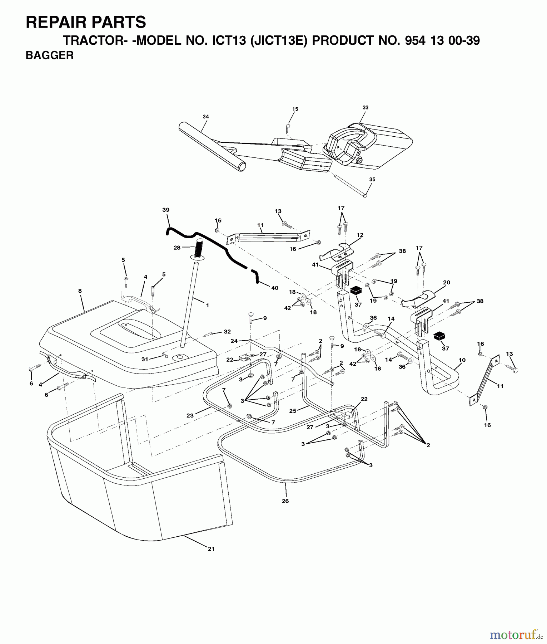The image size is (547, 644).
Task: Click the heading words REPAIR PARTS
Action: click(86, 22)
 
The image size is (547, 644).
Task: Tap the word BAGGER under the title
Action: click(50, 55)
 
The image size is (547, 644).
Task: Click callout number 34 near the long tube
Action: click(205, 117)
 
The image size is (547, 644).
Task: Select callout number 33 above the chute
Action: click(365, 107)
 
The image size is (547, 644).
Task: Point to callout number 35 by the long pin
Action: click(372, 180)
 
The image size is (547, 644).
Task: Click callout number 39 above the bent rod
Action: click(165, 210)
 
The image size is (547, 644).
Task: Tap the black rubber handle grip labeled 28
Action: click(199, 247)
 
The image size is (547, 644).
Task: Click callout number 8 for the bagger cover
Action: click(80, 291)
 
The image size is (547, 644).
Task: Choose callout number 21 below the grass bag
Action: click(211, 549)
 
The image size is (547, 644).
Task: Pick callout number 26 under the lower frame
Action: click(285, 501)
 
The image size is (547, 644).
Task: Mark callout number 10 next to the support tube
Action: click(462, 360)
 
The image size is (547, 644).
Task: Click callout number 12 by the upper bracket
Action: click(360, 235)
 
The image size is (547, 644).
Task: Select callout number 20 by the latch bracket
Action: click(447, 282)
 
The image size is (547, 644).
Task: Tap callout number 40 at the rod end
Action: click(274, 288)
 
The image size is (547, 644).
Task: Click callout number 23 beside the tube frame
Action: click(190, 415)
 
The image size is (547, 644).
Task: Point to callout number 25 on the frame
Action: click(293, 411)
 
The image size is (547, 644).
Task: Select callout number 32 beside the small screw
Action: click(227, 332)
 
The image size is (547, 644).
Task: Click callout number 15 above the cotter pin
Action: click(295, 109)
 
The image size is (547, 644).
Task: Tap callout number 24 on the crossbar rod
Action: click(234, 341)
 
